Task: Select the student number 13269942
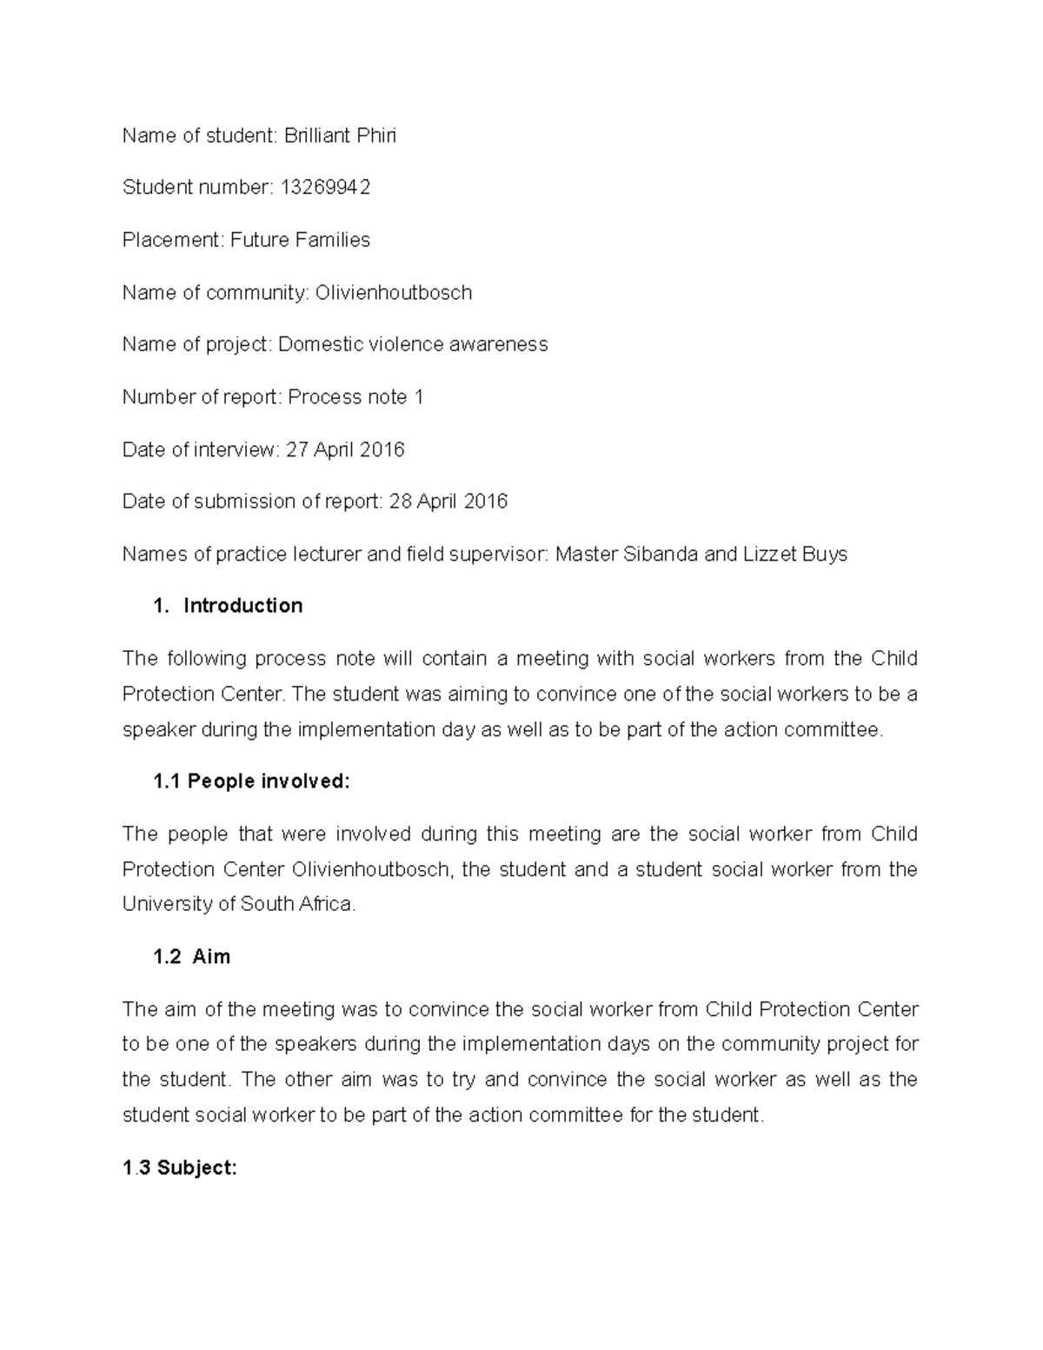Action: click(325, 188)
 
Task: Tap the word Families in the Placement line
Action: click(331, 240)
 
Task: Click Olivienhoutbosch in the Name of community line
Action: click(393, 293)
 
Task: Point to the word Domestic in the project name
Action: click(321, 345)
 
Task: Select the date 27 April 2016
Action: click(345, 449)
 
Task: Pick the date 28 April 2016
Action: click(448, 502)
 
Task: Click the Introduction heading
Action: click(242, 606)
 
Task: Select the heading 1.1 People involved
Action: click(251, 781)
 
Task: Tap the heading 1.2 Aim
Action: click(191, 957)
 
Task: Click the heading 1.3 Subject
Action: click(179, 1167)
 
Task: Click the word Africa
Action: click(328, 904)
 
